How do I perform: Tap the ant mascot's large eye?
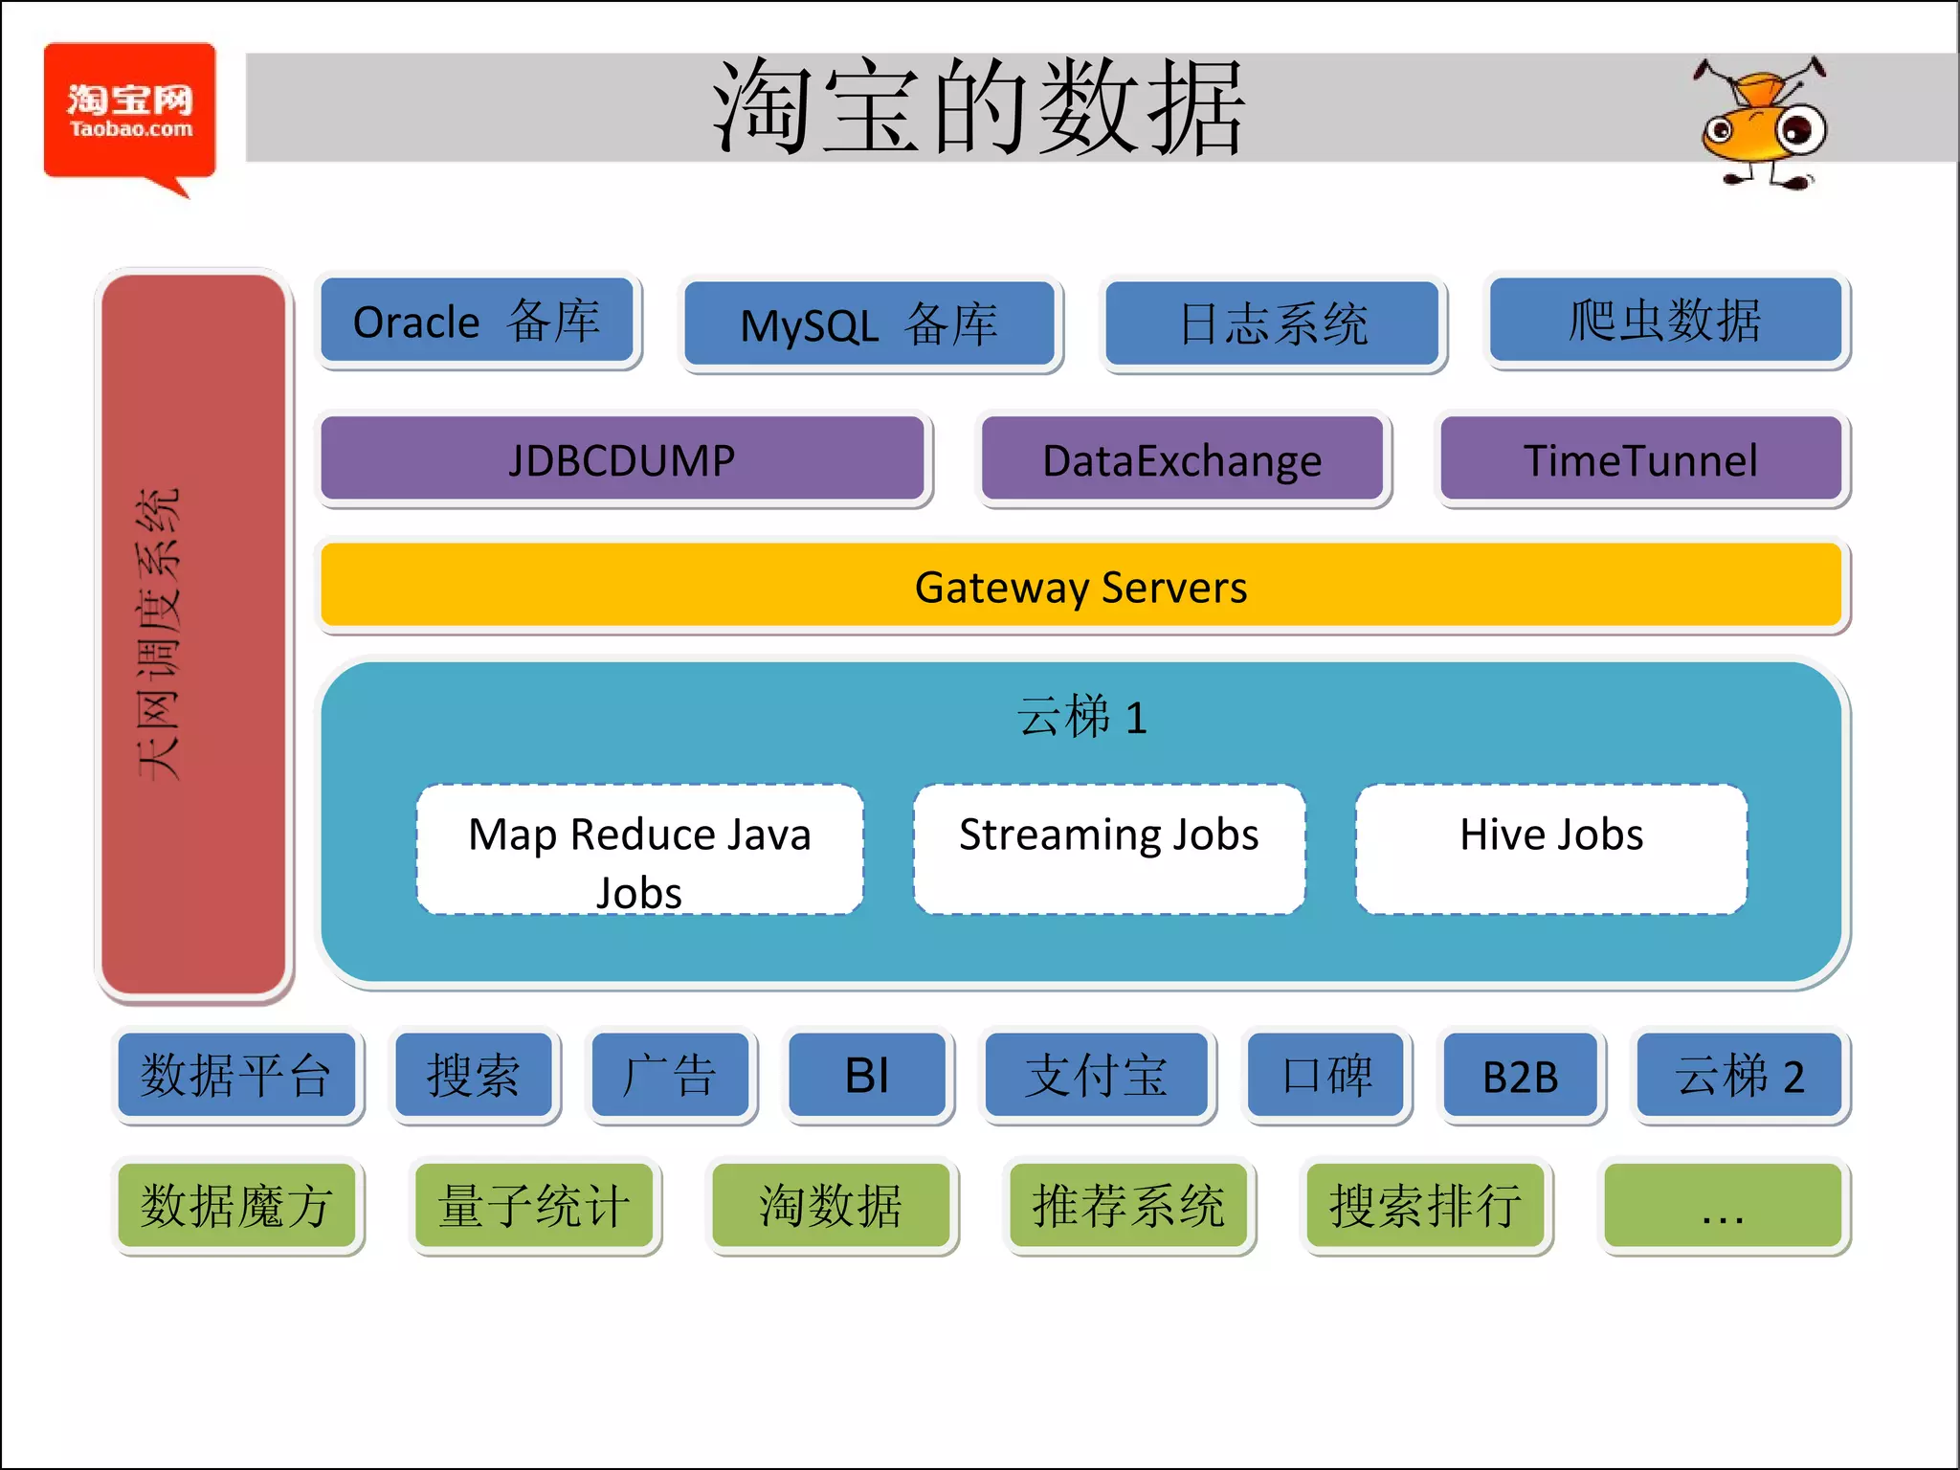1799,129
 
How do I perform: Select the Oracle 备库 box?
478,321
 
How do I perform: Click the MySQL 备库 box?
869,324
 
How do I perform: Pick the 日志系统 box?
1273,323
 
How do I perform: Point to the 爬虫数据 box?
1665,321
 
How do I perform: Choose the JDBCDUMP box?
622,459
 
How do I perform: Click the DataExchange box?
1182,459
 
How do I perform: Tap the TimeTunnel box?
1640,459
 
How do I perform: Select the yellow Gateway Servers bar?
1080,586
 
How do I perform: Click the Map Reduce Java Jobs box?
639,850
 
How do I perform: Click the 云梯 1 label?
1081,717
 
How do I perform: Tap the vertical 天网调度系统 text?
159,634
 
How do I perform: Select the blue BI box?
867,1075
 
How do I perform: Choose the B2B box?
1520,1075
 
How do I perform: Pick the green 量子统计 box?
534,1205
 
